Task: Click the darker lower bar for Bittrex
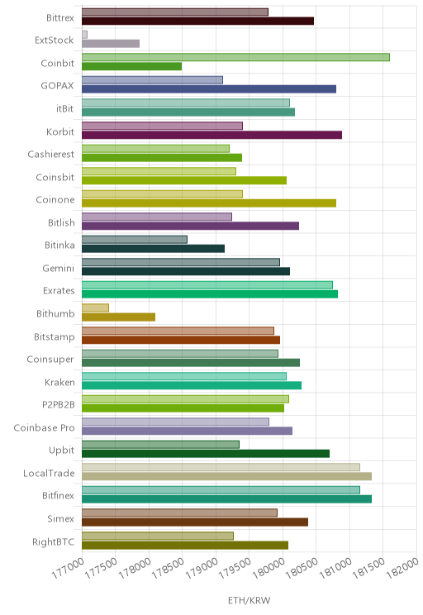click(198, 21)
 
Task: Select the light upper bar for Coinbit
click(235, 57)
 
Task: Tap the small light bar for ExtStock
click(84, 35)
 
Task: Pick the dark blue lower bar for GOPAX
click(209, 89)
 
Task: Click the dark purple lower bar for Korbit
click(211, 135)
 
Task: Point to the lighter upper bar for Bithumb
click(95, 307)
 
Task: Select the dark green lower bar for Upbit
click(206, 454)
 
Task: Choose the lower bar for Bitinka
click(154, 249)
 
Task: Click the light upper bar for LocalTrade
click(221, 467)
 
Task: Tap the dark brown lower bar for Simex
click(195, 522)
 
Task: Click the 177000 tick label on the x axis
click(68, 568)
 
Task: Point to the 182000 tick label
click(403, 568)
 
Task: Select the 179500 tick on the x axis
click(235, 568)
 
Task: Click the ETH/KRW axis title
click(250, 600)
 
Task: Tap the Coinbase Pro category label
click(44, 427)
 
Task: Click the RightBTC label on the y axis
click(54, 541)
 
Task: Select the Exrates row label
click(59, 291)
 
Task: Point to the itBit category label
click(64, 108)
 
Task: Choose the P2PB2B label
click(59, 404)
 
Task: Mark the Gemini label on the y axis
click(59, 269)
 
